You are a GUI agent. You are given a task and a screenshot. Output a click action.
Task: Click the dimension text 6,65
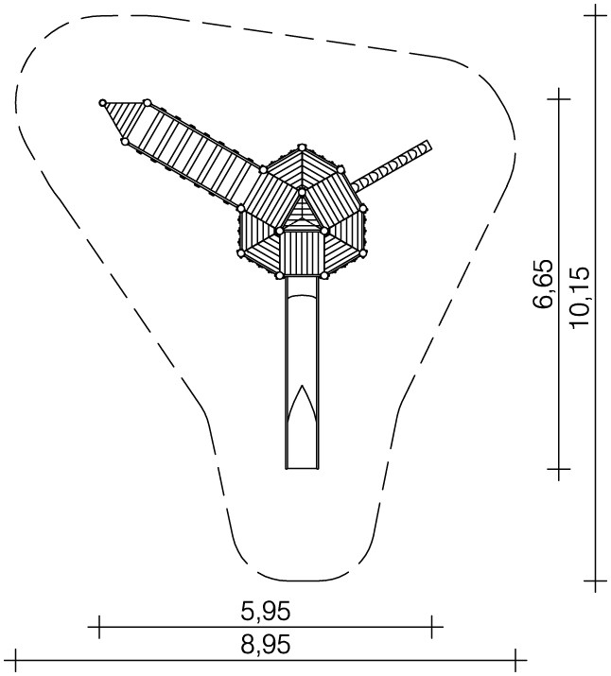542,284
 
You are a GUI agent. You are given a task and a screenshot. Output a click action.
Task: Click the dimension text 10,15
579,298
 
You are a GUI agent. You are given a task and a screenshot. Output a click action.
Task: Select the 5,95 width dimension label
266,611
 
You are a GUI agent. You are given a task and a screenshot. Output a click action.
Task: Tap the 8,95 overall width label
266,645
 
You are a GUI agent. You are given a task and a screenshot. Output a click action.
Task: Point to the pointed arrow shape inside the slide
303,407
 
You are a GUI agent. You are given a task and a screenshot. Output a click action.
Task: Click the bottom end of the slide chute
303,468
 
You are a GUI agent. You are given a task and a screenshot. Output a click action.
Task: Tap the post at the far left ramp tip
103,103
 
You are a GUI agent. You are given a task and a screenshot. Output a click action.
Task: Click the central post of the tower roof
302,191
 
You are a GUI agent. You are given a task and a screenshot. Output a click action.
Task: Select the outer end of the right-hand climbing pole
427,146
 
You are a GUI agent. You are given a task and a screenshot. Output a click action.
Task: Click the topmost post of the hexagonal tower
302,147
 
